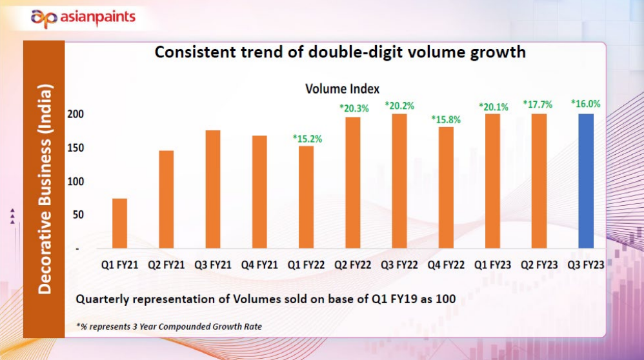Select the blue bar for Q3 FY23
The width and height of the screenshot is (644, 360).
(585, 181)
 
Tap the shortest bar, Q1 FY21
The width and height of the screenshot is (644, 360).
(119, 223)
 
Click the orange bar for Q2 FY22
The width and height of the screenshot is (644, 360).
(353, 183)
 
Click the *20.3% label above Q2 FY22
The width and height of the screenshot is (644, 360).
(354, 108)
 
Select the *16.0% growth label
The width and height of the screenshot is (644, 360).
(585, 103)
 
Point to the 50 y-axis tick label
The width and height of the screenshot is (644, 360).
(79, 215)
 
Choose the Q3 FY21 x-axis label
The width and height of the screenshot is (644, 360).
(212, 265)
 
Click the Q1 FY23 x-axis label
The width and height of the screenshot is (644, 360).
(492, 265)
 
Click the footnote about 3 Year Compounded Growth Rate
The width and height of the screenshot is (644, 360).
(168, 326)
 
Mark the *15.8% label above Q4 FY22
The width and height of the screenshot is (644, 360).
(446, 119)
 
